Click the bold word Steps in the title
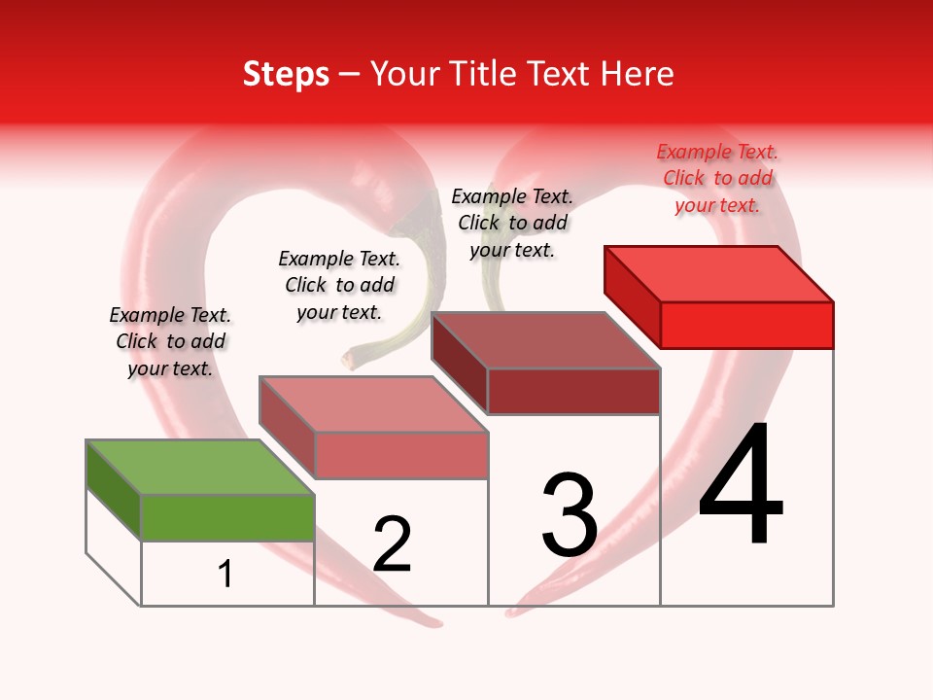coord(286,75)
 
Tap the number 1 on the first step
coord(225,575)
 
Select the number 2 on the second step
coord(392,545)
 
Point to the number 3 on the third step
coord(570,516)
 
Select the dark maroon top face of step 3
coord(545,340)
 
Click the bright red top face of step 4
coord(718,273)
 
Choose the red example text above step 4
coord(717,178)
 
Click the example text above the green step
coord(170,341)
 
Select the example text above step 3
coord(512,223)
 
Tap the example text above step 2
coord(339,285)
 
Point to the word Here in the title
coord(638,75)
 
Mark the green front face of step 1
coord(227,517)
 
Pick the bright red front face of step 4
coord(746,325)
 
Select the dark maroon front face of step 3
coord(573,391)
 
